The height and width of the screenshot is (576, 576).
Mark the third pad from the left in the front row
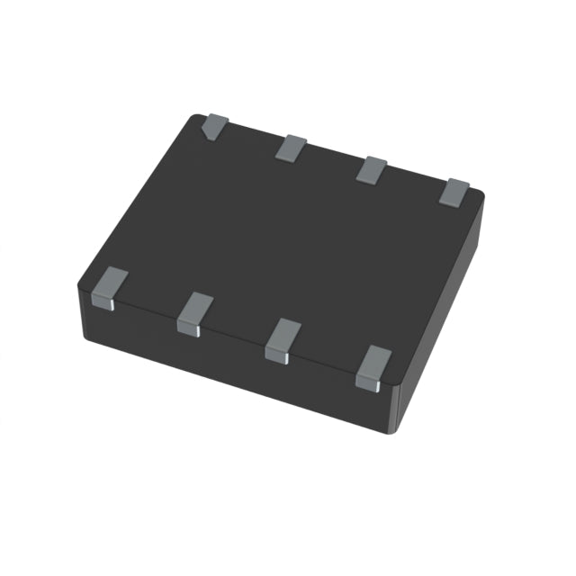tap(283, 339)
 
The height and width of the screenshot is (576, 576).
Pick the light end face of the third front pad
tap(276, 356)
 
